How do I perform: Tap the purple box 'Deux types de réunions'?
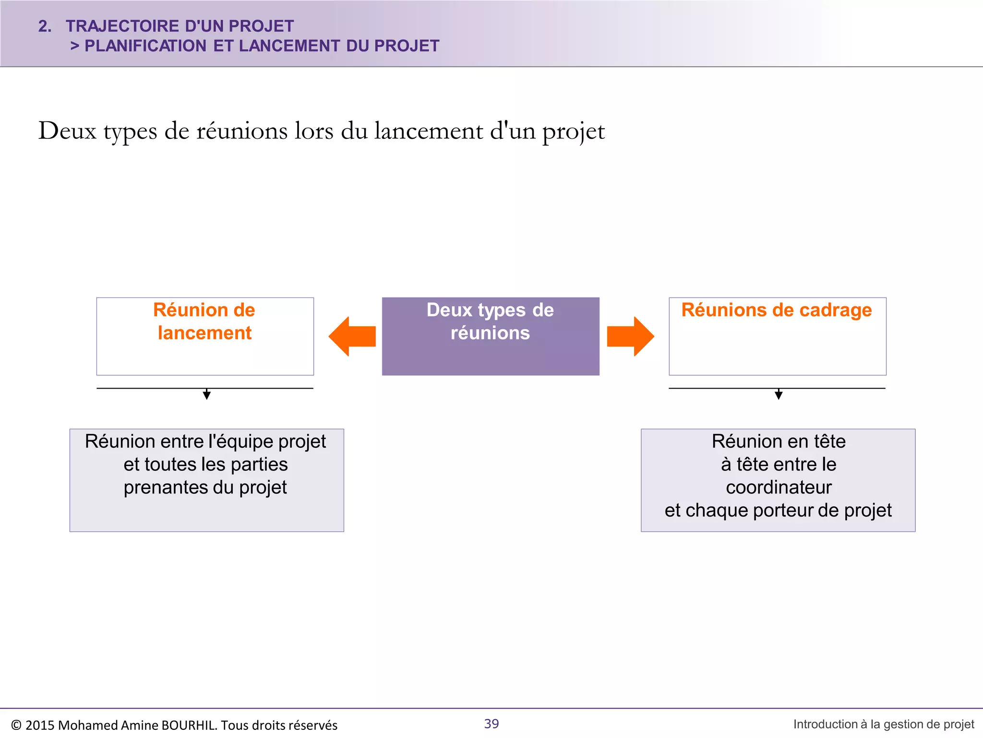pos(491,336)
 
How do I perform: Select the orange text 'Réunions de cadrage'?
pos(777,310)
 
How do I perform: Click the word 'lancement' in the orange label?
pos(205,333)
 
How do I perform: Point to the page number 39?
pos(491,724)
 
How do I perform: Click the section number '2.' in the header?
pos(45,26)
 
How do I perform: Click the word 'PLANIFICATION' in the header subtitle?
pos(145,46)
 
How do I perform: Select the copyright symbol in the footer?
pos(16,725)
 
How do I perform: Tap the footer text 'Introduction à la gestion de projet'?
pos(884,724)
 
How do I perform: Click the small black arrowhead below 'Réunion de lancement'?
pos(207,395)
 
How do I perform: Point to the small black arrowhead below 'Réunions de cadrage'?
pos(779,395)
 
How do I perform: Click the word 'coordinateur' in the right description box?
pos(779,487)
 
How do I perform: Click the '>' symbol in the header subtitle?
pos(74,46)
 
